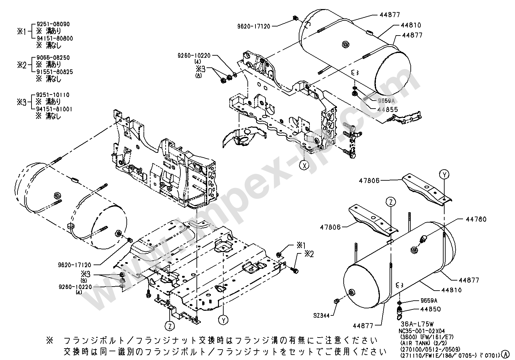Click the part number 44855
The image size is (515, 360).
coord(388,110)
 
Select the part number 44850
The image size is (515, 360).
coord(431,309)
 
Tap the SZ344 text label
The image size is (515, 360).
coord(321,316)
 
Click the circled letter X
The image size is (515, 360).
coord(304,166)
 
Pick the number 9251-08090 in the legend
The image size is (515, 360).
coord(56,24)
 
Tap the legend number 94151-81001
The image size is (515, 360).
coord(54,109)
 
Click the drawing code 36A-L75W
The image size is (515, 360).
coord(417,324)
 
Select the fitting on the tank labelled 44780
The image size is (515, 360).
coord(423,238)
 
